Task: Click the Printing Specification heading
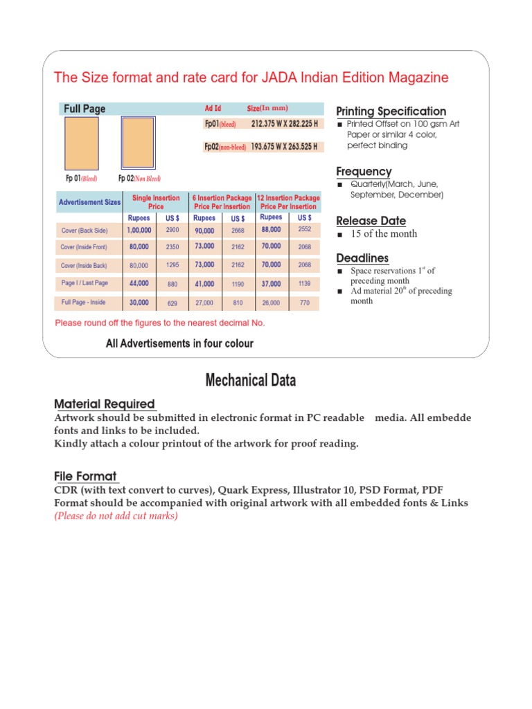(x=391, y=111)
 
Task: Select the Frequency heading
(x=364, y=171)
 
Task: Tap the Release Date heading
(x=371, y=221)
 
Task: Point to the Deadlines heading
(x=362, y=258)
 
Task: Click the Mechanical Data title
(x=250, y=380)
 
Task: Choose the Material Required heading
(x=104, y=404)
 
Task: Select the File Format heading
(x=85, y=476)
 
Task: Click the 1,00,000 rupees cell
(x=139, y=230)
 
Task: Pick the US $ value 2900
(x=172, y=230)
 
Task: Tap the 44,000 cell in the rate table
(x=139, y=283)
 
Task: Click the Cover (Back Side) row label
(x=84, y=230)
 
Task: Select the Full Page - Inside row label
(x=84, y=303)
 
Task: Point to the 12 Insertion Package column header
(x=288, y=202)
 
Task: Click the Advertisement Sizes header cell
(x=89, y=202)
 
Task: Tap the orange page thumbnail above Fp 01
(x=81, y=143)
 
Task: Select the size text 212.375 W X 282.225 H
(x=285, y=124)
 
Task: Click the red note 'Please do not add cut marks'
(x=116, y=516)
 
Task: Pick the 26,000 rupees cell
(x=271, y=303)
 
